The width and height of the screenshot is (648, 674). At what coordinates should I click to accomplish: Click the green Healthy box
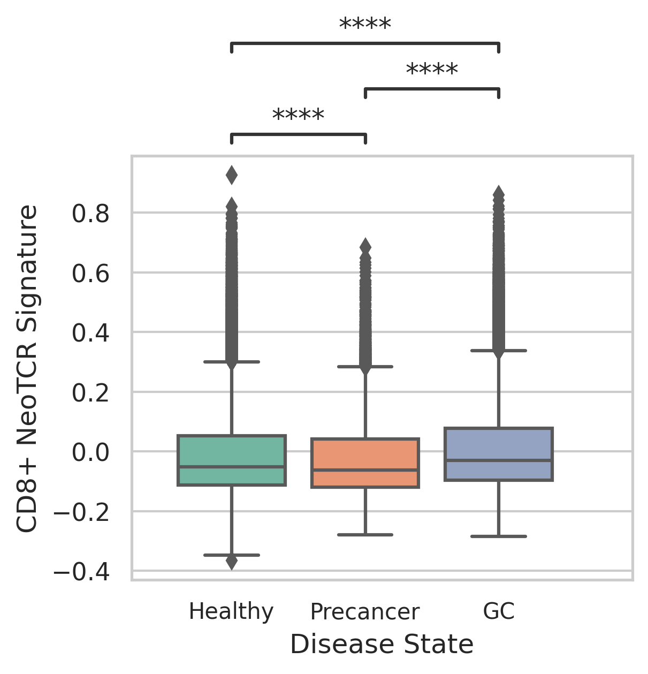click(x=232, y=460)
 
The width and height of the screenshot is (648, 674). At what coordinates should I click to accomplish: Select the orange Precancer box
click(x=365, y=463)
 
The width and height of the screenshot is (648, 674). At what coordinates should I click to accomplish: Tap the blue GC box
click(x=499, y=454)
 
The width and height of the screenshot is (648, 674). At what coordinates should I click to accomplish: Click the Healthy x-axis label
click(x=231, y=611)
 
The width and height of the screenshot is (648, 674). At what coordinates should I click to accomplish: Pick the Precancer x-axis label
click(x=365, y=611)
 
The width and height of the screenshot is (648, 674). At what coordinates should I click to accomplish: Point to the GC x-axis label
click(x=499, y=611)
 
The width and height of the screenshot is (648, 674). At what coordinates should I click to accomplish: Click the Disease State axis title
click(x=382, y=644)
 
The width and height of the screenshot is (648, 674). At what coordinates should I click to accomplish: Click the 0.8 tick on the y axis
click(x=90, y=214)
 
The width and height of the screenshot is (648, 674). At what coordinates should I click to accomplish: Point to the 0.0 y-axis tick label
click(x=90, y=452)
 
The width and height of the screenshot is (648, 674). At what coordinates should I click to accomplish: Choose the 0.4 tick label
click(x=90, y=334)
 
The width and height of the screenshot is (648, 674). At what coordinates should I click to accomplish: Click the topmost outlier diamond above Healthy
click(x=232, y=175)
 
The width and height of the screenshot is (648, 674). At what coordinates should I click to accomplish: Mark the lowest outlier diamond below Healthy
click(x=232, y=562)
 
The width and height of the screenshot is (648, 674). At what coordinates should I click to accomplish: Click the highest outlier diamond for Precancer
click(x=365, y=247)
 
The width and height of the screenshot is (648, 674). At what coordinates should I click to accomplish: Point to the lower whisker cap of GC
click(x=499, y=536)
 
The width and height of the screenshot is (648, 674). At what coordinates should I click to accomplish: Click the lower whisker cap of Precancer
click(x=365, y=534)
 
